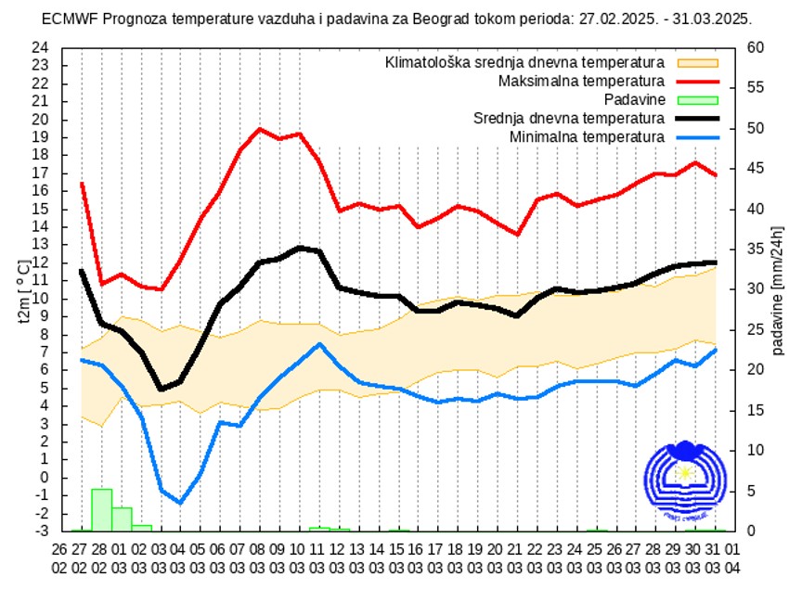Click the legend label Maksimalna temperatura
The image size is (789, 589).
click(581, 82)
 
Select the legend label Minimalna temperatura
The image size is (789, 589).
click(587, 137)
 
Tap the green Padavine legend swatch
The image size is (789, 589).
click(698, 100)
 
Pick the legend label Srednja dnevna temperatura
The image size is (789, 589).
click(568, 119)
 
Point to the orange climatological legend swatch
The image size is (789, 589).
click(698, 63)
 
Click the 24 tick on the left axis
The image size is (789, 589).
click(40, 47)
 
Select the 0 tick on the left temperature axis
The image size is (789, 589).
click(44, 478)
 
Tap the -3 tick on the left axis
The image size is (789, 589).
click(42, 531)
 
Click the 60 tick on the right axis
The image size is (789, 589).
click(756, 47)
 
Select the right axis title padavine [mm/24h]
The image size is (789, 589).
click(776, 289)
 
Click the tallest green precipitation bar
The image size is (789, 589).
click(101, 509)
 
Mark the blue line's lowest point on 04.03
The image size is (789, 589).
click(180, 503)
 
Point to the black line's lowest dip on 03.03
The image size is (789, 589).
click(161, 389)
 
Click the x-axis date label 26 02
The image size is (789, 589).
click(60, 556)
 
